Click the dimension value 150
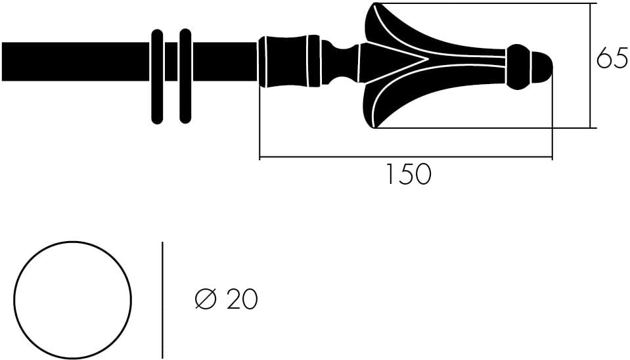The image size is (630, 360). tap(407, 175)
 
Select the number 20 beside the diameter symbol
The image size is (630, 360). tap(242, 300)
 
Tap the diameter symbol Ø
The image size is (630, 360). tap(206, 300)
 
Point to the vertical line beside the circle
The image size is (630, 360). tap(162, 300)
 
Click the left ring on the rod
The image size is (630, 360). tap(157, 76)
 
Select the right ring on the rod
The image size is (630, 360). tap(185, 76)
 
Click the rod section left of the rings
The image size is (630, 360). tap(76, 62)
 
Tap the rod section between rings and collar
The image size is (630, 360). tap(223, 62)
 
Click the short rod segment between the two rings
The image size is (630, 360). tap(171, 62)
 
